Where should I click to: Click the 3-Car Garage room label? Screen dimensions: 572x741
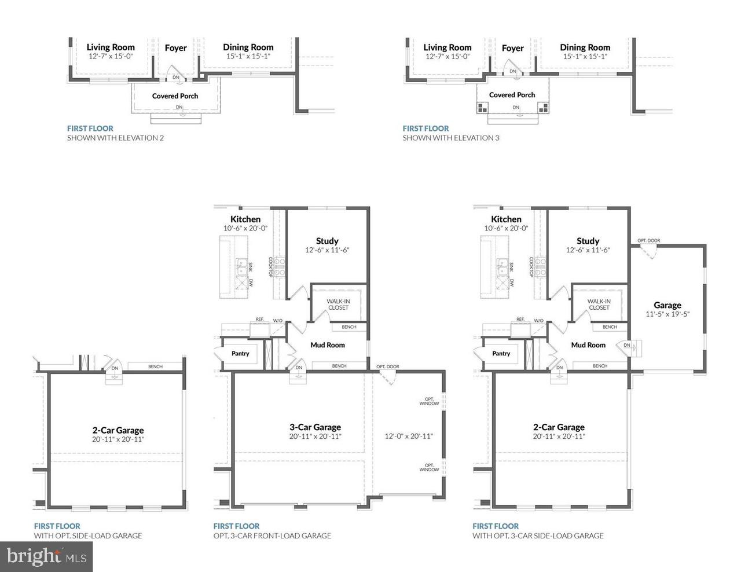pyautogui.click(x=315, y=428)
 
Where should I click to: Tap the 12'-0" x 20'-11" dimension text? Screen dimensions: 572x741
pyautogui.click(x=409, y=437)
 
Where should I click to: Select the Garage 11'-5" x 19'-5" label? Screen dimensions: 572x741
pyautogui.click(x=667, y=309)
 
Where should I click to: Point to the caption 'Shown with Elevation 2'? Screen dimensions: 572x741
pyautogui.click(x=115, y=138)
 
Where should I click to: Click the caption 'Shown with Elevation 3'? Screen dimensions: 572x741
pyautogui.click(x=450, y=138)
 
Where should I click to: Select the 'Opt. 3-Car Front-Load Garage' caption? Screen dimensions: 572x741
pyautogui.click(x=272, y=536)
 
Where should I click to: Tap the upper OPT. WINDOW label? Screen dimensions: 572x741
pyautogui.click(x=430, y=401)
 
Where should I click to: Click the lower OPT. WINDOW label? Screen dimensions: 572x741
pyautogui.click(x=430, y=467)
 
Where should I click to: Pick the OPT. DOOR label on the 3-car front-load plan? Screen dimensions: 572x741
pyautogui.click(x=387, y=366)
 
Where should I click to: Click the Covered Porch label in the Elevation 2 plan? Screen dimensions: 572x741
pyautogui.click(x=175, y=96)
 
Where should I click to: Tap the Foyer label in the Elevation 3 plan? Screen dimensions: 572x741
pyautogui.click(x=512, y=48)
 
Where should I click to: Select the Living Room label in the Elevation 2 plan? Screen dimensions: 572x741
pyautogui.click(x=111, y=47)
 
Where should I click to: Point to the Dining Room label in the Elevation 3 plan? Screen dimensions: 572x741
pyautogui.click(x=585, y=47)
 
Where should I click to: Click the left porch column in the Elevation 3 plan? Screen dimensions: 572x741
pyautogui.click(x=482, y=108)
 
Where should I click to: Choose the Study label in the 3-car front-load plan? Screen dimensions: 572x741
pyautogui.click(x=327, y=241)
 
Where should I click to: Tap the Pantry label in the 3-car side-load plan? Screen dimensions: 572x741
pyautogui.click(x=501, y=353)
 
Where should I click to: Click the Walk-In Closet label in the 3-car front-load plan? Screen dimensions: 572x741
pyautogui.click(x=339, y=304)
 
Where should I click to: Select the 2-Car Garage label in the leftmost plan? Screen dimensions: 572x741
pyautogui.click(x=118, y=430)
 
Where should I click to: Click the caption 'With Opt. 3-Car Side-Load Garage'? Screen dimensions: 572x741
pyautogui.click(x=538, y=536)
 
